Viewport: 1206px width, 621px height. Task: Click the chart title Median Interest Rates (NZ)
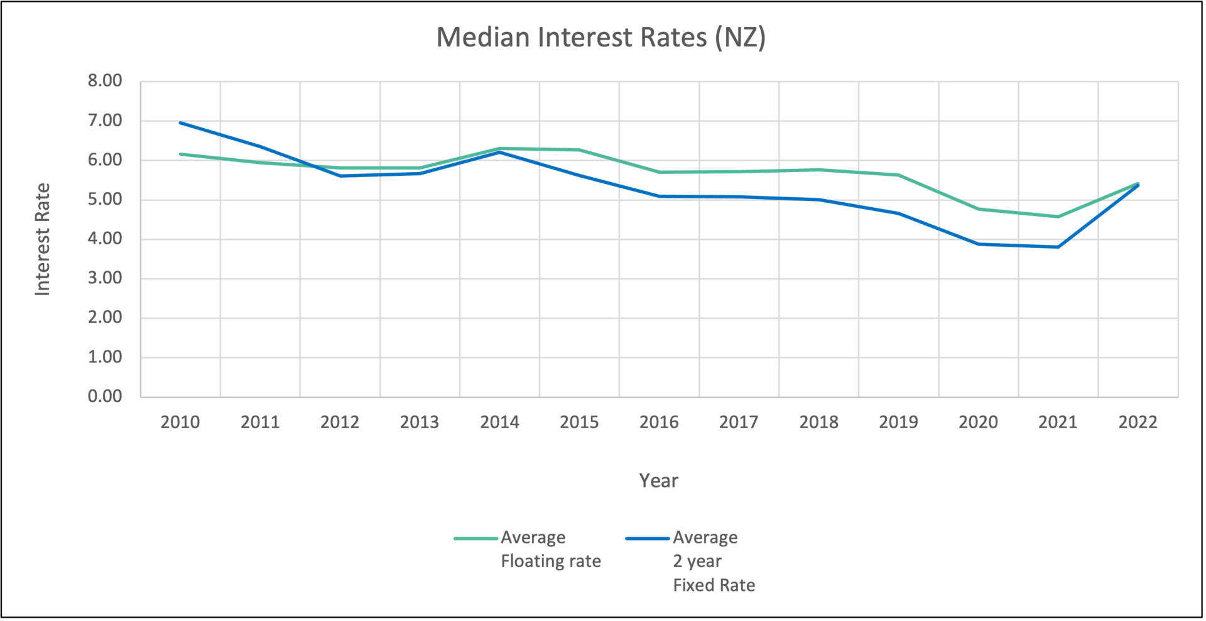tap(600, 37)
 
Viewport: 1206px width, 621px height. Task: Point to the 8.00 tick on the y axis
tap(105, 81)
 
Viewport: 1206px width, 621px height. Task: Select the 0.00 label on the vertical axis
tap(105, 396)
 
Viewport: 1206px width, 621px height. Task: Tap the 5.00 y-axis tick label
tap(105, 200)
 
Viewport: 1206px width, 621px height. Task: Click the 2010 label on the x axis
tap(180, 422)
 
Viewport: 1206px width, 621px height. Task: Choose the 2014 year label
tap(499, 422)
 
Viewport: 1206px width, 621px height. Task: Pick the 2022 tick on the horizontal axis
tap(1138, 422)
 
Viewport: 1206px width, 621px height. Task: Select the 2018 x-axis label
tap(818, 422)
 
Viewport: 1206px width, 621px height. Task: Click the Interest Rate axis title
tap(42, 239)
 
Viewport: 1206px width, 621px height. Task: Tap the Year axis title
tap(658, 481)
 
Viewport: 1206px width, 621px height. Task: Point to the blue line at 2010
tap(180, 122)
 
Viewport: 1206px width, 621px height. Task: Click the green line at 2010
tap(180, 154)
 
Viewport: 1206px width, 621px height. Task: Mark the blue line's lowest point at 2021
tap(1058, 247)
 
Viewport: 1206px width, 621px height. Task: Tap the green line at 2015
tap(579, 150)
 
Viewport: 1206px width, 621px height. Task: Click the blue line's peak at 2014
tap(499, 152)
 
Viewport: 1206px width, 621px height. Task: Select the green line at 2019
tap(898, 175)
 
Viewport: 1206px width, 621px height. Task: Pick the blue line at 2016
tap(659, 197)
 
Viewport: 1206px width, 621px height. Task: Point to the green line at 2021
tap(1058, 217)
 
